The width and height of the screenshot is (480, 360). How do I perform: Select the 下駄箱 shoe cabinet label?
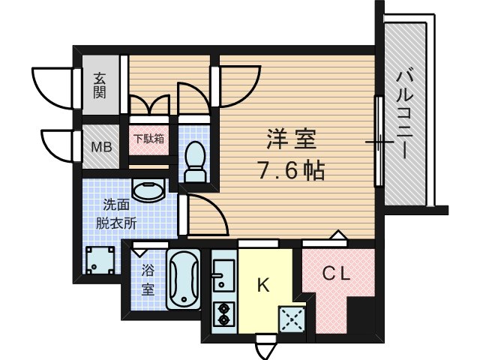pos(149,139)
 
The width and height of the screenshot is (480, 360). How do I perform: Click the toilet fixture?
pos(196,159)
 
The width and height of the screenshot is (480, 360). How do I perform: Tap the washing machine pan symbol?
pos(99,262)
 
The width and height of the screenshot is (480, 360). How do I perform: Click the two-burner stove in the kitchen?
pos(223,313)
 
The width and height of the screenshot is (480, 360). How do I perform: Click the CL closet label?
pos(337,274)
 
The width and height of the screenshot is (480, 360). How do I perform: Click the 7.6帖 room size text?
pos(292,171)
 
